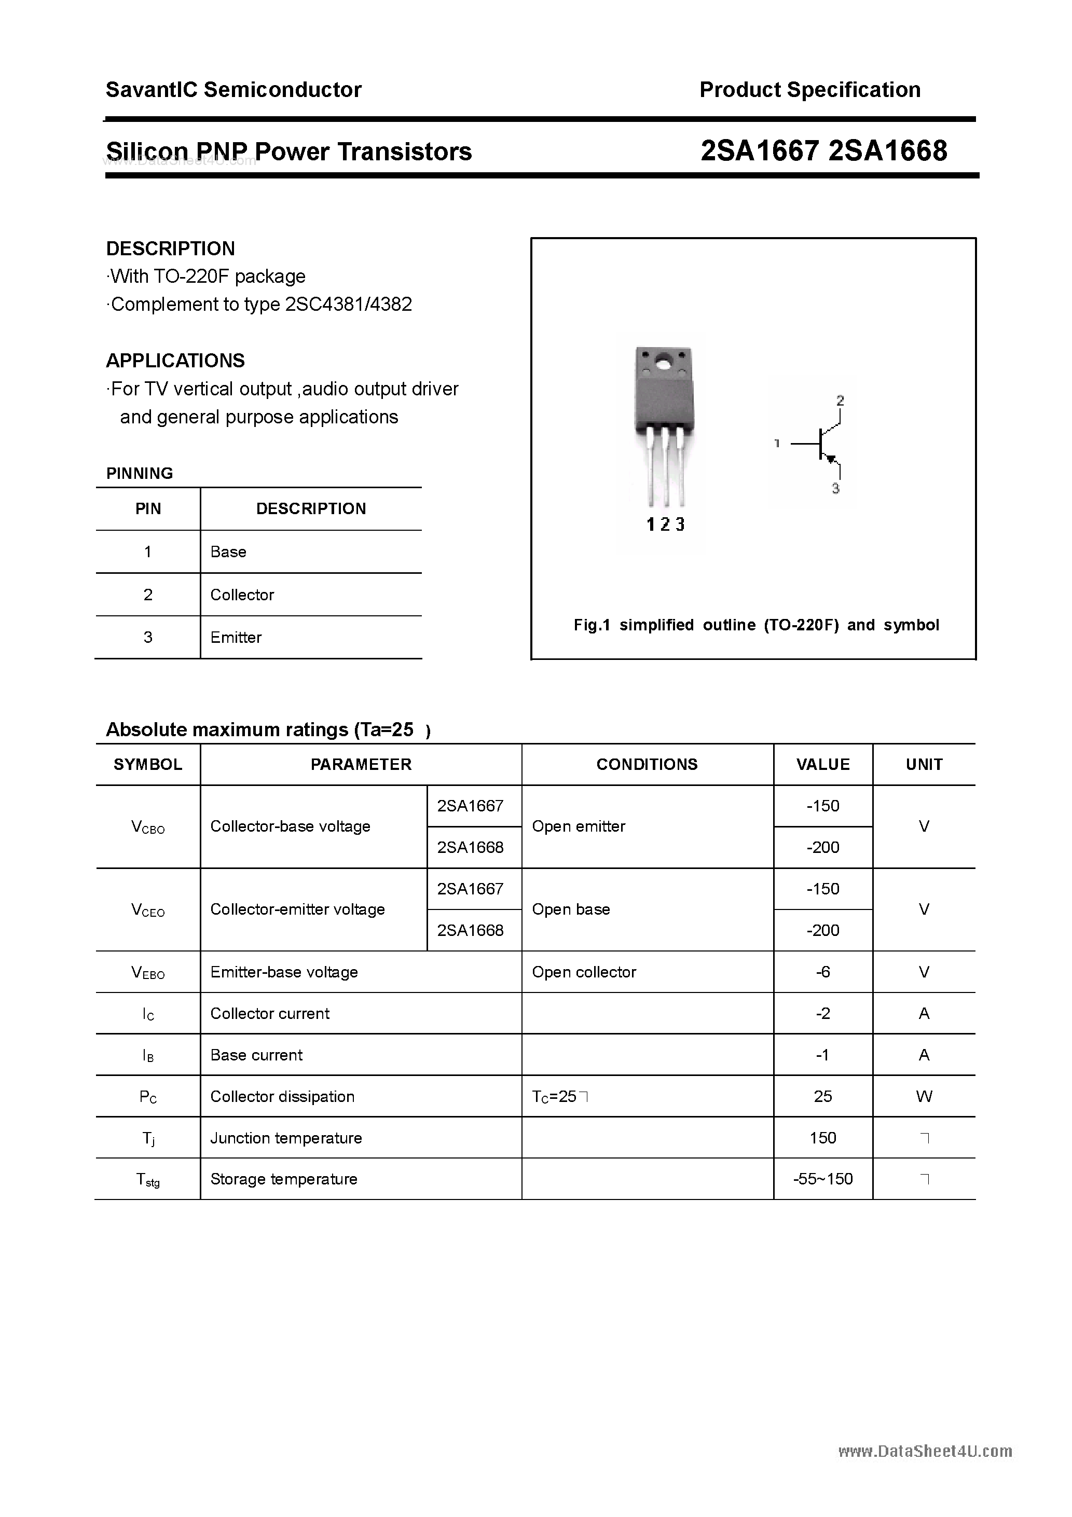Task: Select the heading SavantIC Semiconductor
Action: [x=233, y=90]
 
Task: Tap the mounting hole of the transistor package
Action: [x=663, y=363]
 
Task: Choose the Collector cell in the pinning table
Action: [x=242, y=595]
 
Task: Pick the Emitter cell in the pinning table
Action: [x=236, y=638]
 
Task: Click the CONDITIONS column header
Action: [x=647, y=764]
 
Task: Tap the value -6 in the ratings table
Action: [x=823, y=972]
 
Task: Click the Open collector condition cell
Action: [x=584, y=972]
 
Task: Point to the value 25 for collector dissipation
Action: [x=823, y=1097]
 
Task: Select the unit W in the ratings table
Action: [x=924, y=1097]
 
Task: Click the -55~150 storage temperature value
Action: [x=823, y=1179]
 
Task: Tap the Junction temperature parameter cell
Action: [x=285, y=1138]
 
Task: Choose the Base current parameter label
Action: [x=256, y=1055]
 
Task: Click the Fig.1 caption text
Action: [x=755, y=625]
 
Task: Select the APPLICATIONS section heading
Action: [x=175, y=361]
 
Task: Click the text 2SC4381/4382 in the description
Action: [x=348, y=304]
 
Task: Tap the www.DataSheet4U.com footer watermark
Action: [x=925, y=1452]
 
